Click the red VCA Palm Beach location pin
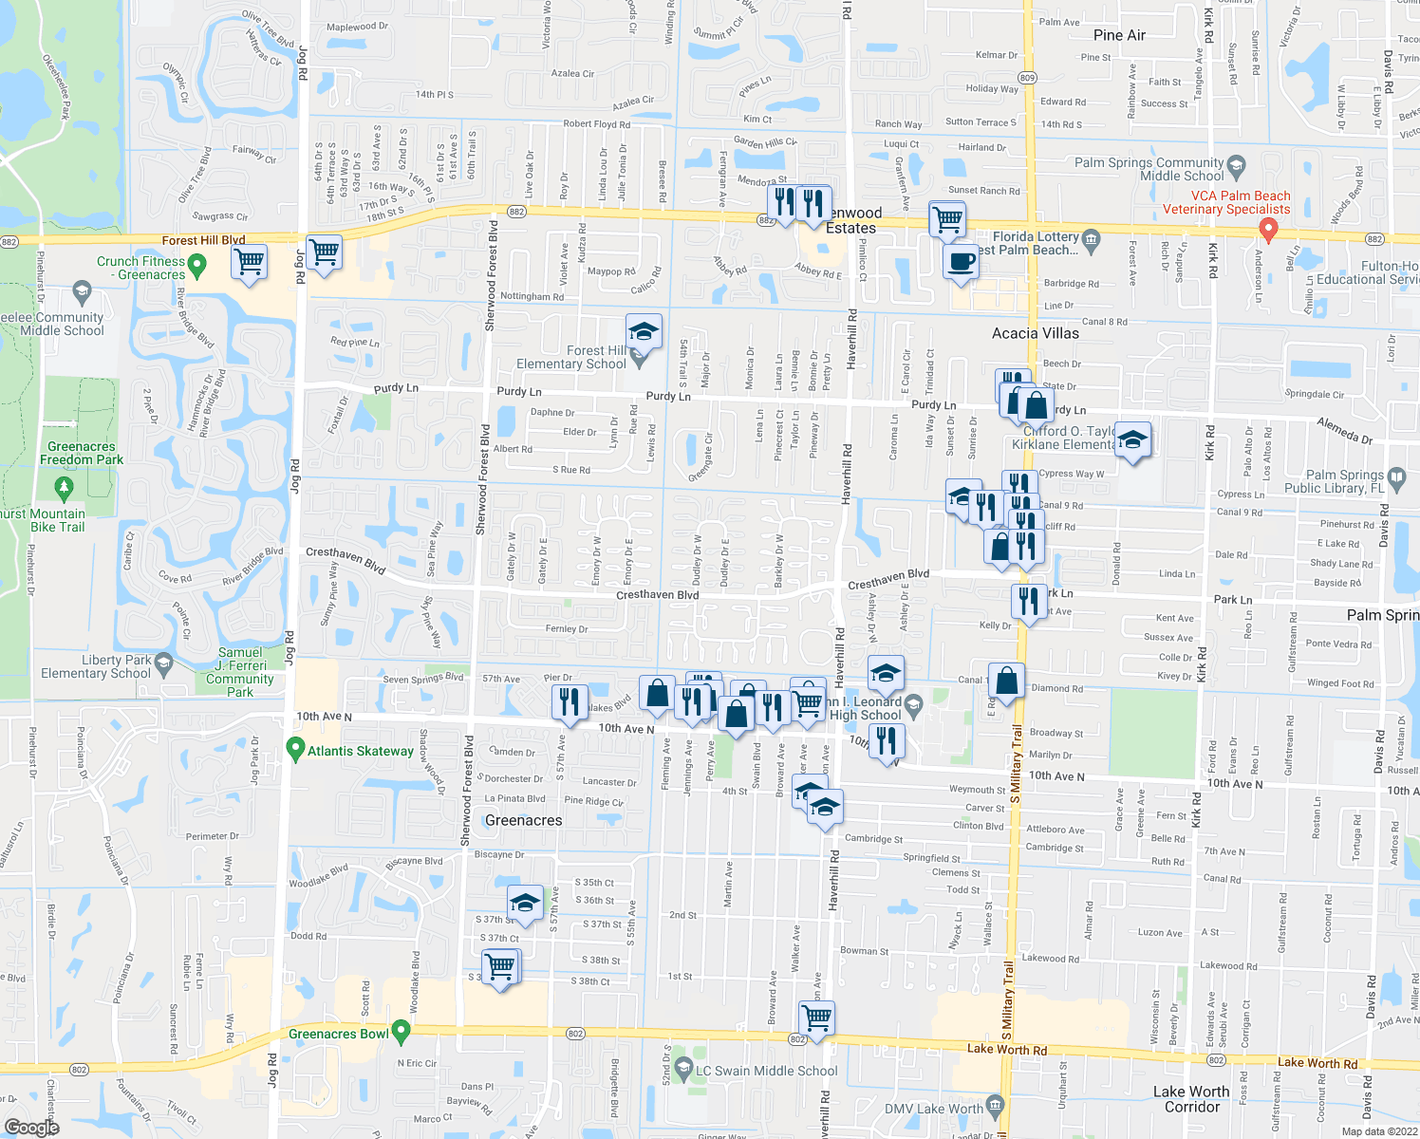coord(1267,229)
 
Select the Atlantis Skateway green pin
coord(295,750)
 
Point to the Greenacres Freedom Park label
coord(82,453)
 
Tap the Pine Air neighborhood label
coord(1119,35)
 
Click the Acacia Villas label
coord(1035,333)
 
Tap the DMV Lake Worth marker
coord(995,1106)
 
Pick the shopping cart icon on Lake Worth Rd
coord(816,1018)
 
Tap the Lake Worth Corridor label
coord(1190,1099)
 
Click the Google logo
coord(31,1127)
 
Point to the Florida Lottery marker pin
coord(1091,237)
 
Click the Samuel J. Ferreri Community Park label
coord(240,672)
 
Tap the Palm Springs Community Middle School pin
coord(1236,167)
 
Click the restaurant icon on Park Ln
coord(1029,601)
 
